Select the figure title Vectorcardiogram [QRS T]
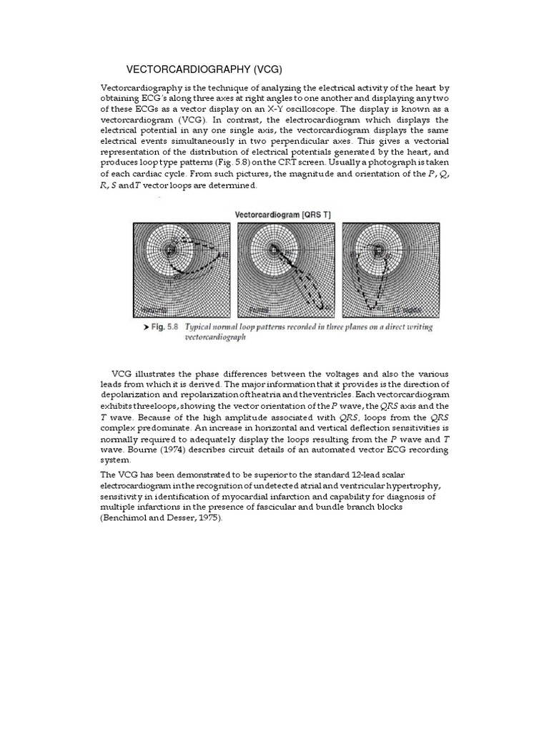click(283, 214)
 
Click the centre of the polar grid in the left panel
click(169, 250)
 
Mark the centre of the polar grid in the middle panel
click(273, 250)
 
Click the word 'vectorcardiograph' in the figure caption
click(215, 338)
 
